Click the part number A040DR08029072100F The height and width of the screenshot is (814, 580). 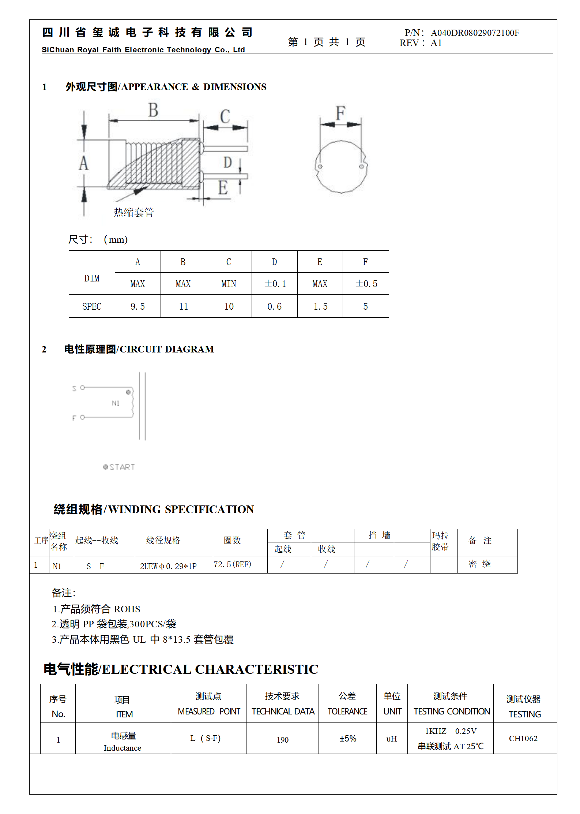coord(475,33)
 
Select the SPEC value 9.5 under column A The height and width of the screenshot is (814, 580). coord(138,307)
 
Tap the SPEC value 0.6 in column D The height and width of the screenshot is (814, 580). coord(274,307)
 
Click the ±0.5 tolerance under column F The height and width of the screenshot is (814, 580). coord(366,284)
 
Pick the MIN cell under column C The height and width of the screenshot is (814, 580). coord(229,284)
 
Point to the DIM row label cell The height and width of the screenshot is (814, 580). coord(92,279)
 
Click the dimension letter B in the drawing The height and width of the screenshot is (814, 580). coord(153,110)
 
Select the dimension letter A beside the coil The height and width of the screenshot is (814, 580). coord(84,163)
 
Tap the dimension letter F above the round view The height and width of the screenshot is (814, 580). coord(340,113)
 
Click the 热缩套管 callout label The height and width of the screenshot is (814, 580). coord(134,212)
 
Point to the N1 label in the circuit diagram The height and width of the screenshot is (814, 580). coord(116,403)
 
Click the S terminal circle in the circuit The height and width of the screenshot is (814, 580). coord(82,387)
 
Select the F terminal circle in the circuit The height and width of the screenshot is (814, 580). coord(82,417)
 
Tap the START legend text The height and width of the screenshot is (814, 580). coord(122,467)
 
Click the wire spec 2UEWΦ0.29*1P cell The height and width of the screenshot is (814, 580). coord(168,566)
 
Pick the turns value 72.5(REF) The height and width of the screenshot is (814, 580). coord(233,565)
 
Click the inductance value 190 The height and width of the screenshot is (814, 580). coord(282,740)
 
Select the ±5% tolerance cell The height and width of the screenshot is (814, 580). coord(348,739)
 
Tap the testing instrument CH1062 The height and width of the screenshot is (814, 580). coord(523,739)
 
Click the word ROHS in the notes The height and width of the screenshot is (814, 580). coord(127,609)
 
